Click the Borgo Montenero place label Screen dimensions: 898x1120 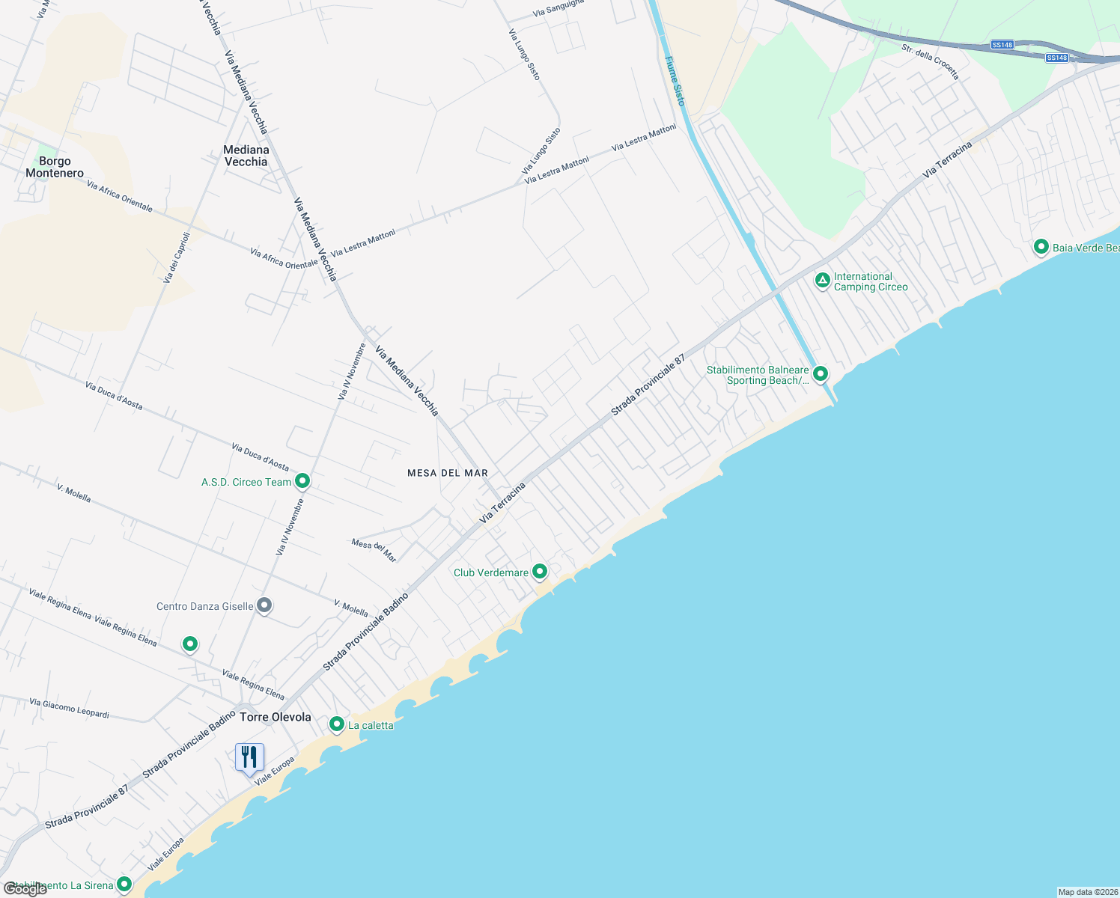[55, 167]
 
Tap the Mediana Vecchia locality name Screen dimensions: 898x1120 [246, 156]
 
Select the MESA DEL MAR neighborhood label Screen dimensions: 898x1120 [448, 473]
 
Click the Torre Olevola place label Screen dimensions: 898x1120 [276, 717]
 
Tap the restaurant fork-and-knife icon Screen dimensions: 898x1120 [249, 757]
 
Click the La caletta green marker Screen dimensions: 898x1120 [337, 724]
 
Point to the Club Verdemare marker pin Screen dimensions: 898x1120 [539, 572]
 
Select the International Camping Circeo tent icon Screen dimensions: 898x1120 [822, 281]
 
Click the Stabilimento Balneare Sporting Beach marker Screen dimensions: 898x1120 [821, 373]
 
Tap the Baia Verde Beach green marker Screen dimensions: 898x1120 [1041, 246]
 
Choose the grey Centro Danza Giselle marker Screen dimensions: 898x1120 [264, 605]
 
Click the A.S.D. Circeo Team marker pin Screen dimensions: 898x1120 [302, 480]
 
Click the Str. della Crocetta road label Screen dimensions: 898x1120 [930, 61]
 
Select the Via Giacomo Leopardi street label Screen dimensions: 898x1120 [69, 708]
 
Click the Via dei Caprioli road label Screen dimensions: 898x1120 [177, 257]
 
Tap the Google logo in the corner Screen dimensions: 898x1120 [25, 889]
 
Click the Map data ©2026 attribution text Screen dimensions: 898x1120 [1088, 892]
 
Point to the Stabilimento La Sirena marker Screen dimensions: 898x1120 [124, 885]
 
